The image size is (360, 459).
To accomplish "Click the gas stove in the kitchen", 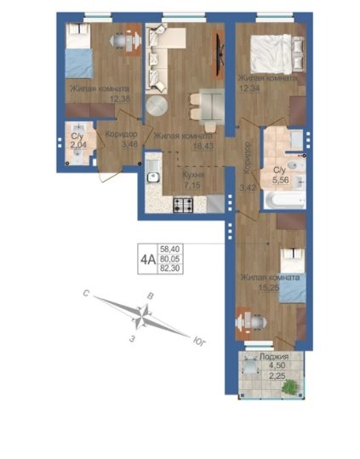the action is point(183,205).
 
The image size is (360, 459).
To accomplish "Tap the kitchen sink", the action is point(153,176).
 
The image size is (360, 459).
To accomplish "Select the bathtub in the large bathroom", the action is point(285,200).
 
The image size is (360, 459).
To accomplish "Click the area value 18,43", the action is point(203,146).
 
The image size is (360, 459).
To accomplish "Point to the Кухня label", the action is point(193,175).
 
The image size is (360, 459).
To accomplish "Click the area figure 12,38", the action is point(120,99).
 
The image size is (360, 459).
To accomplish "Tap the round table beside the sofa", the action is point(157,106).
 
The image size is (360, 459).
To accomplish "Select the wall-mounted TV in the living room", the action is point(219,54).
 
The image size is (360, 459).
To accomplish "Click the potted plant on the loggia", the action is point(290,386).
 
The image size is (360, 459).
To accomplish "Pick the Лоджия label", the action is point(274,357).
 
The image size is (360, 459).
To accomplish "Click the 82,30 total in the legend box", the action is point(170,268).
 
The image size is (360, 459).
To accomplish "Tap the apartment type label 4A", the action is point(148,260).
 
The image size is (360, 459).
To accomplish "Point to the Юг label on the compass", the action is point(199,341).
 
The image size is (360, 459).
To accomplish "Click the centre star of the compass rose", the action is point(141,316).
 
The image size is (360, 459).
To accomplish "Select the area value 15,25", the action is point(269,288).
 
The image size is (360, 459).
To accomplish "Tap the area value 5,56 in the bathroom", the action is point(281,180).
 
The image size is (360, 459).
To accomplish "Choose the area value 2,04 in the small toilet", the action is point(78,144).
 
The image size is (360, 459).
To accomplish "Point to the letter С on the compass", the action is point(86,293).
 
